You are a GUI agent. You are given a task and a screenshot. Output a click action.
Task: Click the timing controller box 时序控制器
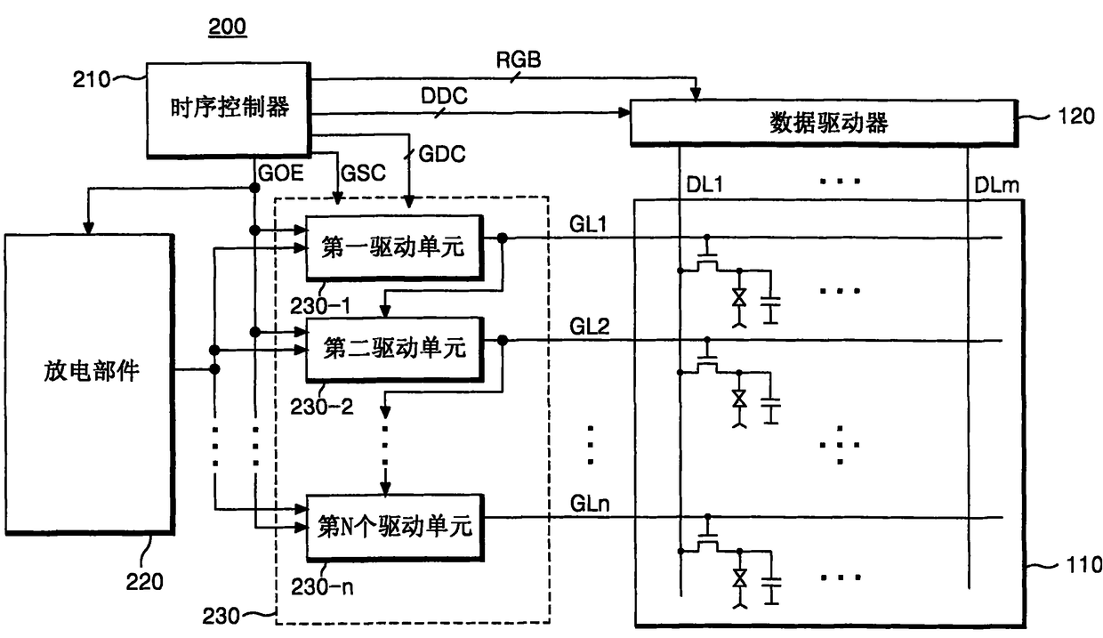[229, 109]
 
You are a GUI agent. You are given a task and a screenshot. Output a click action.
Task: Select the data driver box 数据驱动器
[825, 123]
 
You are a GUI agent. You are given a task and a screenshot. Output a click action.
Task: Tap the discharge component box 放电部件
[90, 384]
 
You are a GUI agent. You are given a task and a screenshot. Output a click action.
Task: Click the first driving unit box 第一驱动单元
[394, 247]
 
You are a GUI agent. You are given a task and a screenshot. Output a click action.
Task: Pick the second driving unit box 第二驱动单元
[394, 350]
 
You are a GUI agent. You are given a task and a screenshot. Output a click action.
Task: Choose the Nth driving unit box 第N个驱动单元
[395, 527]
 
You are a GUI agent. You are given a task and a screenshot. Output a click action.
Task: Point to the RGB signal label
[518, 61]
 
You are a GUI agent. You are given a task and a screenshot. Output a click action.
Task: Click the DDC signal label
[444, 95]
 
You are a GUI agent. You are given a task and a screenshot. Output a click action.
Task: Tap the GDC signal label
[442, 154]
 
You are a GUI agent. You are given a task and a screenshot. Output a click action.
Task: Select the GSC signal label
[363, 173]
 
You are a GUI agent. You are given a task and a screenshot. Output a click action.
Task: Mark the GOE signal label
[281, 173]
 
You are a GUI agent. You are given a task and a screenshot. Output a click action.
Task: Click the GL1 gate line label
[588, 224]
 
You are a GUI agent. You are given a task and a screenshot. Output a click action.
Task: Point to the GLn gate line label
[590, 504]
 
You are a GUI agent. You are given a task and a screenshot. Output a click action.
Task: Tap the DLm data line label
[996, 185]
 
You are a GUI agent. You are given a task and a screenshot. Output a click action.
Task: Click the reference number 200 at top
[227, 27]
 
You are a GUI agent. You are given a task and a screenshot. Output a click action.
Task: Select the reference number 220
[144, 582]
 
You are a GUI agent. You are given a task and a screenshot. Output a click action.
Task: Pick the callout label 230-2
[321, 407]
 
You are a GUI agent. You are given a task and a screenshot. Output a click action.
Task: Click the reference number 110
[1083, 565]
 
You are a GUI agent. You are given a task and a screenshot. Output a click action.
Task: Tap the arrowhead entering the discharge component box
[88, 228]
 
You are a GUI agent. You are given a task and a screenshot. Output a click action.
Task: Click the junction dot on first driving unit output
[502, 238]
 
